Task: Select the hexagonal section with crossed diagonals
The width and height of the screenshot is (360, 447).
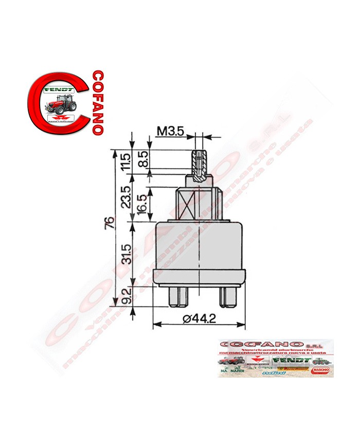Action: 199,204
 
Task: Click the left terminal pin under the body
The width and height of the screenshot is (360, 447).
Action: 176,296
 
